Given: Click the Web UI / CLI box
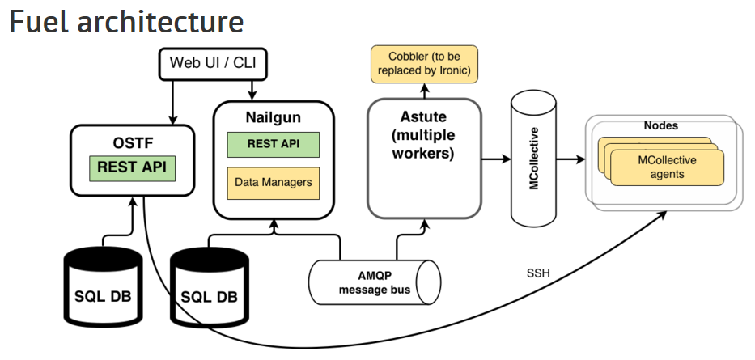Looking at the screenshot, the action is click(212, 63).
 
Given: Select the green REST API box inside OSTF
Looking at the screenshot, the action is click(132, 168).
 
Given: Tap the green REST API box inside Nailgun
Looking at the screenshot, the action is click(273, 144).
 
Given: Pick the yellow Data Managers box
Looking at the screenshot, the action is click(273, 183).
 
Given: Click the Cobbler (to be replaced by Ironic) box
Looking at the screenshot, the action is click(424, 64).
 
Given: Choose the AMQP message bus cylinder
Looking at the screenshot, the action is click(375, 282).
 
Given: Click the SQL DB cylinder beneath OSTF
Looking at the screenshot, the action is click(104, 286).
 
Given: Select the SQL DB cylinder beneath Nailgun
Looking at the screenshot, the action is click(210, 287).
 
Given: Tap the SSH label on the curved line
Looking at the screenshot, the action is click(539, 273).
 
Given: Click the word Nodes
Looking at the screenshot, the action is click(660, 125).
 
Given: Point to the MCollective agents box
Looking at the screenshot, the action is click(667, 167).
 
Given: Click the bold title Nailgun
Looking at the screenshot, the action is click(273, 117).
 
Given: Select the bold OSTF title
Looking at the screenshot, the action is click(132, 143).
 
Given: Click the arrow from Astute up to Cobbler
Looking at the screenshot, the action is click(424, 91).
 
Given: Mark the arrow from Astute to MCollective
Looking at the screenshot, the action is click(496, 159).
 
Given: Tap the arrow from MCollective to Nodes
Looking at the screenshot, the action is click(570, 159).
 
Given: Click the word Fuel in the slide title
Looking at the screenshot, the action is click(39, 21).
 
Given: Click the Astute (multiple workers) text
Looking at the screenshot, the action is click(423, 135).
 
